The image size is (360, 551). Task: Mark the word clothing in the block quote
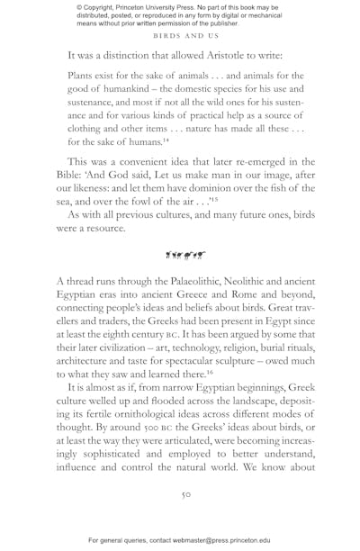91,128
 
